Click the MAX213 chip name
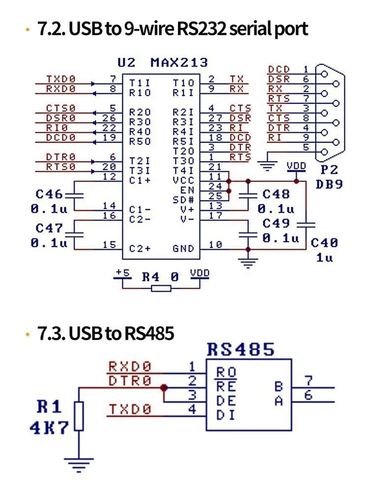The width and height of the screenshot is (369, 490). pos(179,62)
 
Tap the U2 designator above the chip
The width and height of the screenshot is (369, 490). pos(126,62)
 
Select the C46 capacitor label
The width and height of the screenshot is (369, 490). pos(49,194)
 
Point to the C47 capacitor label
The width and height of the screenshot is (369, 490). pos(49,228)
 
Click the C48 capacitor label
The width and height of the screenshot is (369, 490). pos(276,194)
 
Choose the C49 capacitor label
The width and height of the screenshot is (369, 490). pos(276,223)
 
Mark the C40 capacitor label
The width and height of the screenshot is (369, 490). pos(325,242)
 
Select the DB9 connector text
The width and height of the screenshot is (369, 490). pos(329,184)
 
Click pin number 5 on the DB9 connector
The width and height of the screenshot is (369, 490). pos(306,147)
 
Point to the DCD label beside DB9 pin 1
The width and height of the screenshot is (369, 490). pos(279,69)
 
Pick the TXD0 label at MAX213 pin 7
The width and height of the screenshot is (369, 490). pos(61,79)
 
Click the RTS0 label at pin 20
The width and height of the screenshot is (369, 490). pos(61,166)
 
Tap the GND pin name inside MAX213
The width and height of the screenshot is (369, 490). pos(184,248)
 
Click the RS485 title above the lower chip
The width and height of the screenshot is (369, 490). pos(241,350)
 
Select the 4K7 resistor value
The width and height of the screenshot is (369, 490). pos(49,428)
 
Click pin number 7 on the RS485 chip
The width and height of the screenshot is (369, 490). pos(308,381)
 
